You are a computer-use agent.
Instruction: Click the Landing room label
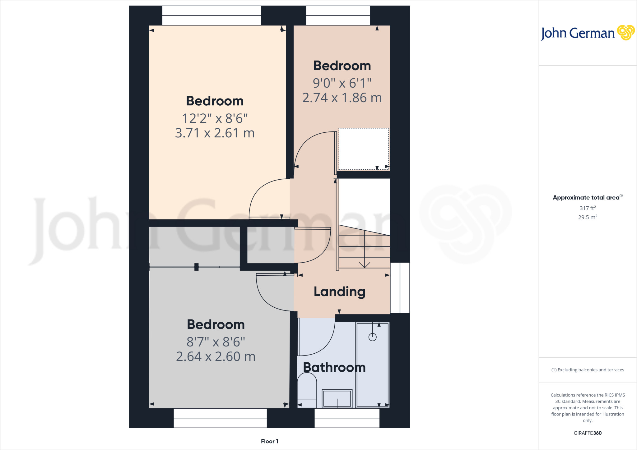339,292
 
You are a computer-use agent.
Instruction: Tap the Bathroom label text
334,367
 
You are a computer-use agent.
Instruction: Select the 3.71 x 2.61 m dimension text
215,133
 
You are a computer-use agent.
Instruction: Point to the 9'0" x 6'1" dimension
342,83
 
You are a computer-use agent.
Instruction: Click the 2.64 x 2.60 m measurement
216,356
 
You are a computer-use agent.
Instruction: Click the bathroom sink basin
337,398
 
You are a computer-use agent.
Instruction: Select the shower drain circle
372,337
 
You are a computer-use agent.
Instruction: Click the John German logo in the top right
587,33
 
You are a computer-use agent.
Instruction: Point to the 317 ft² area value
588,208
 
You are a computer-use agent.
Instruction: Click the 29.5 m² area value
588,217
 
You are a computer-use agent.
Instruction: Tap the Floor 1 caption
269,441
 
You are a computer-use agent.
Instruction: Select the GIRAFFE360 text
588,433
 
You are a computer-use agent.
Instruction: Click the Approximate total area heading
587,197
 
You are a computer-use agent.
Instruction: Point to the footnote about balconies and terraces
588,370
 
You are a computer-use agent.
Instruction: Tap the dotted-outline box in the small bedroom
364,149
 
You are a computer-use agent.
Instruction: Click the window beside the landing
400,288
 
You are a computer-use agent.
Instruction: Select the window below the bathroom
347,418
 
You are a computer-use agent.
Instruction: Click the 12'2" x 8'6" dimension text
215,118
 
